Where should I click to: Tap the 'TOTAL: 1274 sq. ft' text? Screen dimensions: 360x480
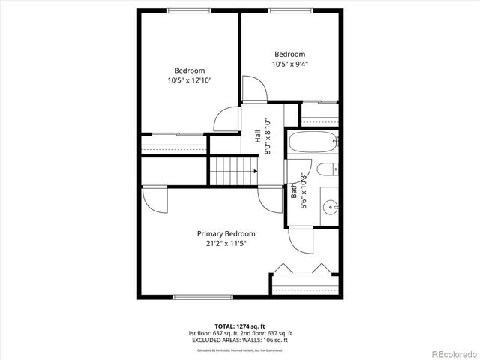(240, 326)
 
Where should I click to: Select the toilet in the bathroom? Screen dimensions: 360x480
(328, 170)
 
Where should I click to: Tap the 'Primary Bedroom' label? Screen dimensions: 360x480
(226, 233)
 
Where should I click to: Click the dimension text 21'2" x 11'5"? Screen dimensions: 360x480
(226, 244)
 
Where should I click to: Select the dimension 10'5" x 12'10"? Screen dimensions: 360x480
(190, 79)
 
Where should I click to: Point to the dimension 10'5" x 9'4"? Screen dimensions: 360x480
(289, 64)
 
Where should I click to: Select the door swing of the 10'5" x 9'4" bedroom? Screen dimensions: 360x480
(253, 88)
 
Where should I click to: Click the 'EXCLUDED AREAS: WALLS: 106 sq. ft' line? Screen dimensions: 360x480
(240, 340)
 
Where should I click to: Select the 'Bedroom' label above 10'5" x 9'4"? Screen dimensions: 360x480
(289, 54)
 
